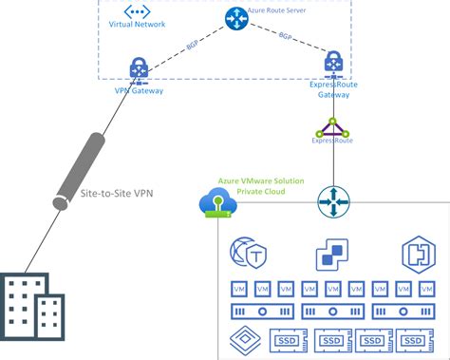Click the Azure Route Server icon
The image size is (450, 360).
click(x=235, y=18)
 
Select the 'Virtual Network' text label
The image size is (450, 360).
click(x=137, y=24)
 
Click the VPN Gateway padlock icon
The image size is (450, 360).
click(x=139, y=69)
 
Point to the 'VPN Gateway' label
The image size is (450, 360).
click(x=139, y=91)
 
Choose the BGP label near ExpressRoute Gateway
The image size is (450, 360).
click(x=286, y=36)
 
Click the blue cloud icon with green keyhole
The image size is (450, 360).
click(x=217, y=201)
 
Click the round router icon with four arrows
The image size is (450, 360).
click(x=333, y=201)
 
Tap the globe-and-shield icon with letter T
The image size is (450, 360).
click(x=248, y=255)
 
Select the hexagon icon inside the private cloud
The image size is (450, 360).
click(x=411, y=255)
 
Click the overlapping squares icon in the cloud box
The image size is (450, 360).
click(x=331, y=255)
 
